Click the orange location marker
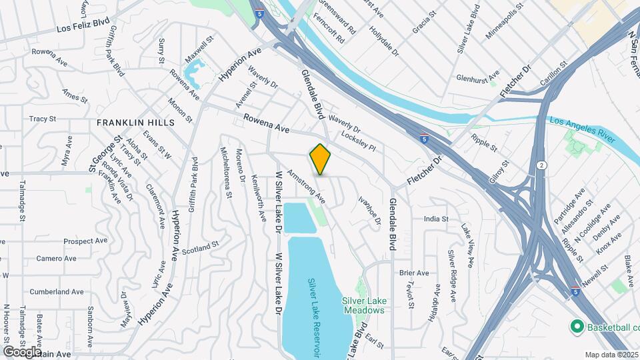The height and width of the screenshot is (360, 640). click(x=321, y=159)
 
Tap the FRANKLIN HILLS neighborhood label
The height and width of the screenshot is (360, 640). click(x=135, y=123)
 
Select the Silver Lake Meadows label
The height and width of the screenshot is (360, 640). click(x=364, y=305)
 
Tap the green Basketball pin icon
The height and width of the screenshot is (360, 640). click(x=577, y=327)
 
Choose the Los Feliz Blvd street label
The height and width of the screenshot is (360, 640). click(x=82, y=28)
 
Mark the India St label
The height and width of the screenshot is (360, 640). click(x=436, y=218)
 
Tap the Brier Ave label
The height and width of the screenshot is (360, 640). click(x=414, y=273)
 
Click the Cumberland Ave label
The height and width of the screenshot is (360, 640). click(x=57, y=291)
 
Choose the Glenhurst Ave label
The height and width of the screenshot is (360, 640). click(x=477, y=77)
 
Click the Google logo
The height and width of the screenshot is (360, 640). click(x=23, y=351)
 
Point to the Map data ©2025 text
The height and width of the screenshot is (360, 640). click(x=611, y=355)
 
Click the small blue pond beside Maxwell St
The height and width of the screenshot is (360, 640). click(x=193, y=77)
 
